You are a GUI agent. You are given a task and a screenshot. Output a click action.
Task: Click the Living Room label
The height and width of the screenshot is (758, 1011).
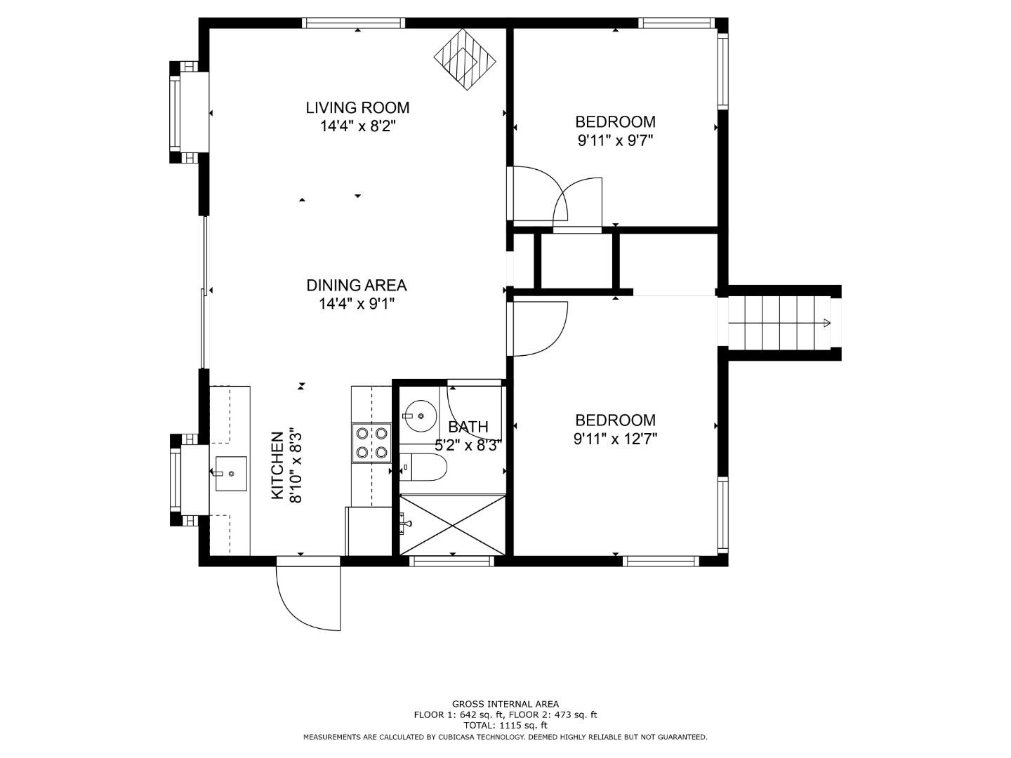tap(357, 107)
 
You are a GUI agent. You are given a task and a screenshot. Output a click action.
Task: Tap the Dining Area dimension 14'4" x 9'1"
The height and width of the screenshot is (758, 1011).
tap(357, 304)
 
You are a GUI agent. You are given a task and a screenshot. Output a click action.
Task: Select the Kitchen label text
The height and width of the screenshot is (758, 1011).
tap(277, 466)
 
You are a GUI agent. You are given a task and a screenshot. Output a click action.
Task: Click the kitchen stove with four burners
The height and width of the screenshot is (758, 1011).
tap(371, 443)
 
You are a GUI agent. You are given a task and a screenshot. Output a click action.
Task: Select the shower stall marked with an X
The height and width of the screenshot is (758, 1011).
tap(452, 525)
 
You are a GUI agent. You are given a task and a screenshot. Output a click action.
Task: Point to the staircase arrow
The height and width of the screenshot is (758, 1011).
tap(826, 323)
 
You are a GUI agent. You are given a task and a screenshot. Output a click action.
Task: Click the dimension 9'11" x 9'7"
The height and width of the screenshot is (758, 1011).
tap(615, 140)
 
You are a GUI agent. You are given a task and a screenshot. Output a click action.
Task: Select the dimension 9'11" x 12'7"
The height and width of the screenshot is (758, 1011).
tap(615, 439)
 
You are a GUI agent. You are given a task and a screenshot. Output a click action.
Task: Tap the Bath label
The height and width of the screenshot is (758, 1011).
tap(468, 427)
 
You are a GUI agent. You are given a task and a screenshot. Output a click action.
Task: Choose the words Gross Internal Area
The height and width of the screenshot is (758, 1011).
tap(505, 704)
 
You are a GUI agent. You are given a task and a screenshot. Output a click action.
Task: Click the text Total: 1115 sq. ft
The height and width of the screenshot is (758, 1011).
tap(505, 726)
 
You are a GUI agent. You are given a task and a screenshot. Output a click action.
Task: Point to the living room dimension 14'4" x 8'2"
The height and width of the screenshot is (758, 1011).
tap(357, 126)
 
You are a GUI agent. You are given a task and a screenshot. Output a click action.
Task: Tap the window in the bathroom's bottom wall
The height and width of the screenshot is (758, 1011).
tap(451, 560)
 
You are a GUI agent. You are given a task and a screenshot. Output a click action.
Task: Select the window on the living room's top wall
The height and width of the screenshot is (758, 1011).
tap(353, 23)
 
